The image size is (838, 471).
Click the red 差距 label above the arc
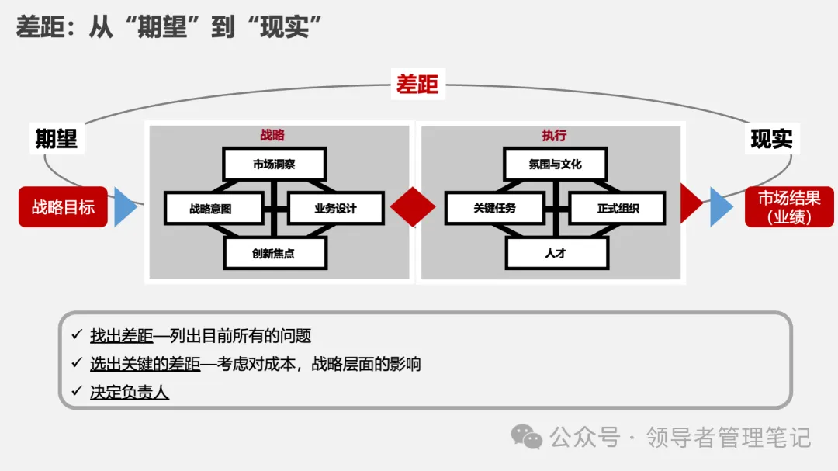tap(417, 85)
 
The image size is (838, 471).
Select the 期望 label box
tap(57, 138)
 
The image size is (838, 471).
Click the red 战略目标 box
tap(63, 207)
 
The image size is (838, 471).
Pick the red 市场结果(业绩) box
tap(789, 207)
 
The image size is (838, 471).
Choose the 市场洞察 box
tap(274, 165)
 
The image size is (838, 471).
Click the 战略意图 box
tap(210, 208)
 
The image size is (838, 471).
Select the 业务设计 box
tap(335, 208)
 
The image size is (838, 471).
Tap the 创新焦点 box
tap(274, 253)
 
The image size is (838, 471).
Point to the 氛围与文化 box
tap(555, 165)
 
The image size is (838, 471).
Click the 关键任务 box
tap(495, 208)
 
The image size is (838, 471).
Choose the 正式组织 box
tap(618, 208)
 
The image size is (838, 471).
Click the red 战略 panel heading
tap(272, 135)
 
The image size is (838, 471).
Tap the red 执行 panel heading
tap(554, 135)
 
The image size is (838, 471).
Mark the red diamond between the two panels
tap(413, 207)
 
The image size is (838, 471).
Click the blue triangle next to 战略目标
tap(124, 207)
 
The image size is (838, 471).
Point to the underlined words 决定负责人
tap(130, 393)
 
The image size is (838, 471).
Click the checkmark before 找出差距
tap(76, 335)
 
